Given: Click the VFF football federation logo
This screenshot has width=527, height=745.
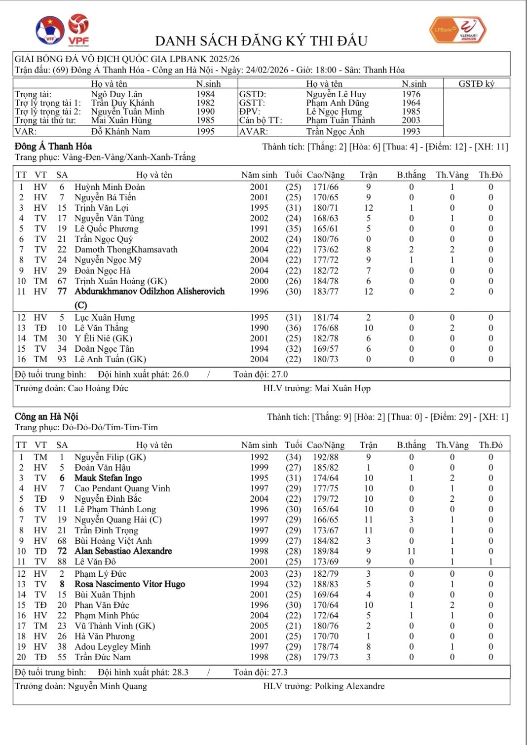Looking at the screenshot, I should (50, 30).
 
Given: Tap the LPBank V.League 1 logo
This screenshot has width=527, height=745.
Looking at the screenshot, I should (458, 30).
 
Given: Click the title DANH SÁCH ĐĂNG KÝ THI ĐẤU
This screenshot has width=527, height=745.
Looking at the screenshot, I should (261, 41).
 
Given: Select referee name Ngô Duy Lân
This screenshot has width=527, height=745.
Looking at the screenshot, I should (116, 94).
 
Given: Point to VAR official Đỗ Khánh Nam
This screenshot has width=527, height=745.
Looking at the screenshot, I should (120, 132).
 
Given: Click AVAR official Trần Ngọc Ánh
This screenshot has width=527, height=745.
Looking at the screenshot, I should (335, 132).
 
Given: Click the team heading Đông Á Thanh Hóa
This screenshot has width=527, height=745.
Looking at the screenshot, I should (53, 147).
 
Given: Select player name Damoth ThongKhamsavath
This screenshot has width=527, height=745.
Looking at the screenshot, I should (126, 250).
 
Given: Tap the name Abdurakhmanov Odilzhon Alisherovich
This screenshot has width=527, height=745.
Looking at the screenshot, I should (150, 292).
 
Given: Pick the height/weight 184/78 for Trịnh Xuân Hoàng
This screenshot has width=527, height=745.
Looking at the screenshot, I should (325, 281).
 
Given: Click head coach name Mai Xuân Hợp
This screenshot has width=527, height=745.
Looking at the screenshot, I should (342, 388).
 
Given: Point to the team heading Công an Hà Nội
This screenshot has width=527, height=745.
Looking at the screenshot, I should (46, 417).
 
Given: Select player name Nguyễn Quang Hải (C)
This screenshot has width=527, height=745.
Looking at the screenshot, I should (118, 520).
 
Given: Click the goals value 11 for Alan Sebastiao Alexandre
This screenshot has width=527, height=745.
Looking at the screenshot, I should (411, 551).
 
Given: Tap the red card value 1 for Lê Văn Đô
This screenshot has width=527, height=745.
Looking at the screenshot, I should (490, 561).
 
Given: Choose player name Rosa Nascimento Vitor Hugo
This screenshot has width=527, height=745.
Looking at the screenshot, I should (130, 584).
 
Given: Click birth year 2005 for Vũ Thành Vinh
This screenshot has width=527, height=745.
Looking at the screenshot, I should (259, 626).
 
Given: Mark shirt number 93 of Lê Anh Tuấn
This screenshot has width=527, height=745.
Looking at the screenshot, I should (62, 359).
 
